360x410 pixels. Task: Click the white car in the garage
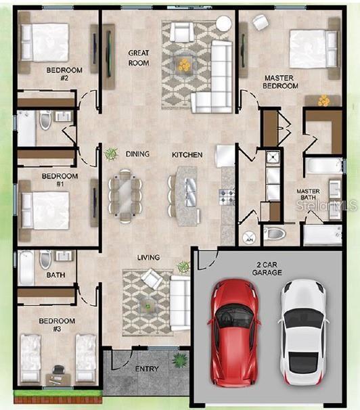click(303, 333)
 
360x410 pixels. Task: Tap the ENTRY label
click(147, 369)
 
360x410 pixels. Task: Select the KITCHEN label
click(187, 155)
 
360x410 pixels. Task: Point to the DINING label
click(137, 154)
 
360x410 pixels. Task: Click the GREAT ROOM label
click(139, 58)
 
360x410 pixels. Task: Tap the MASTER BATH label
click(309, 194)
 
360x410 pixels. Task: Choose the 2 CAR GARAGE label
click(267, 269)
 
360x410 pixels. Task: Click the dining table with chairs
click(126, 196)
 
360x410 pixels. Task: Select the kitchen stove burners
click(227, 197)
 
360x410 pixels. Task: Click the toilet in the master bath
click(274, 233)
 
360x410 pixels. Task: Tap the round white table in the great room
click(224, 24)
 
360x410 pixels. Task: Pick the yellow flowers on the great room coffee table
click(185, 64)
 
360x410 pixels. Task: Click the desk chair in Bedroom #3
click(58, 369)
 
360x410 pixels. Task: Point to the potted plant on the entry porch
click(179, 359)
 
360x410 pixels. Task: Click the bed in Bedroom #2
click(45, 43)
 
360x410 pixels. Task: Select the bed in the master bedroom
click(314, 49)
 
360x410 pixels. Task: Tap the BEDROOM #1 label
click(60, 180)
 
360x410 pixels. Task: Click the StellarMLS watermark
click(327, 205)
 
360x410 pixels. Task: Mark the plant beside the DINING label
click(112, 154)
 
